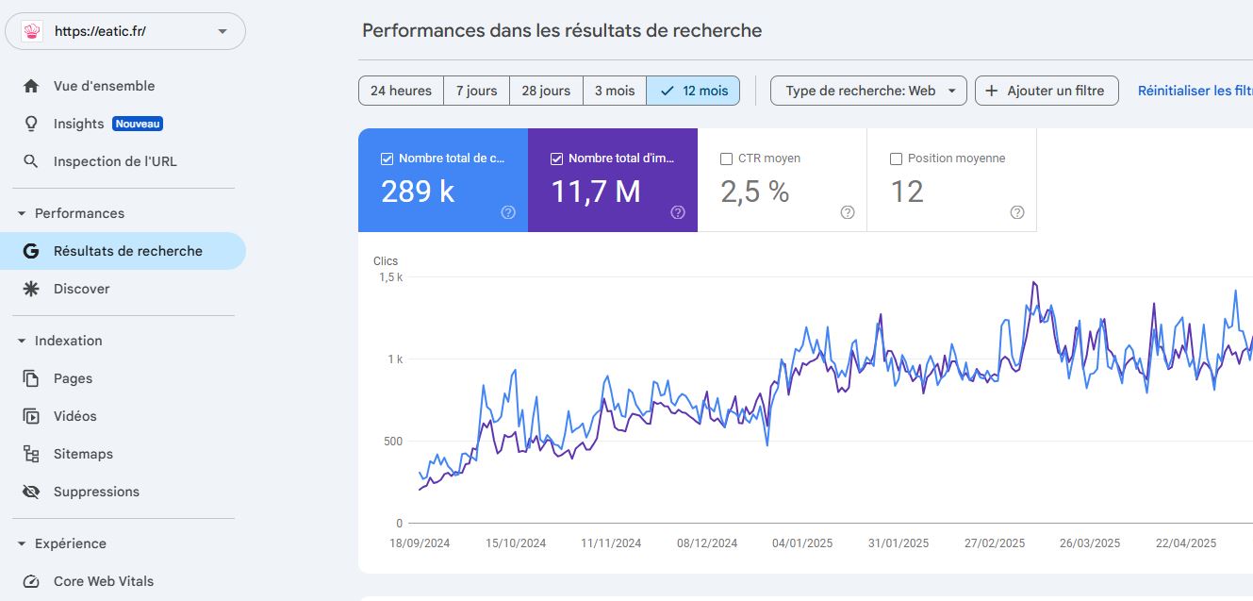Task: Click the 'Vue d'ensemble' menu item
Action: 104,86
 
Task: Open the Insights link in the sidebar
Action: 79,124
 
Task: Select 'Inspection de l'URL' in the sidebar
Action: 115,161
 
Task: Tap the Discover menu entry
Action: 81,289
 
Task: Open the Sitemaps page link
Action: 83,454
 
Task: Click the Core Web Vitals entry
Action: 104,581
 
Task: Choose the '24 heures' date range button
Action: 401,91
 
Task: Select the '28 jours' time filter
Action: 546,91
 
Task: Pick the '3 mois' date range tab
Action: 614,91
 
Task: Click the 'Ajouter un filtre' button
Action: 1047,91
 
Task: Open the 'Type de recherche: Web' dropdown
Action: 868,91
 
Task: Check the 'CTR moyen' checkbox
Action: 726,159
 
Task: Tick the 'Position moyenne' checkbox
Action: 896,159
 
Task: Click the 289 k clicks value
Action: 418,192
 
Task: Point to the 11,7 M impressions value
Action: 595,192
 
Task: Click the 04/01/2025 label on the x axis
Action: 801,543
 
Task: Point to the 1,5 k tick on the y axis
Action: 390,277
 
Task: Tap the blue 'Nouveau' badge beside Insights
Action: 138,124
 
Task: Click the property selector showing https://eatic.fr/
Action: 125,31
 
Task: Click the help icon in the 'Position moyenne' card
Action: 1016,212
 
